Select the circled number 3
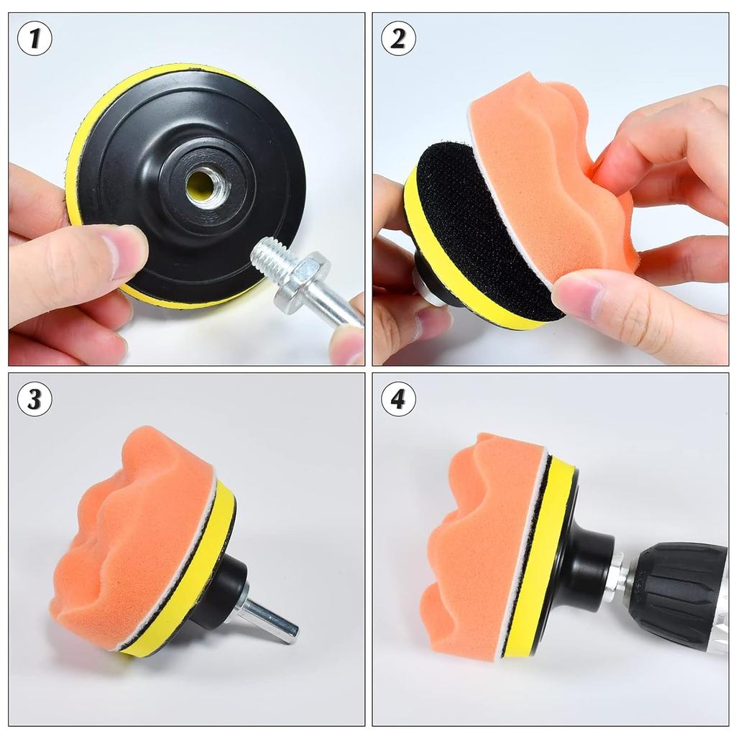(x=34, y=399)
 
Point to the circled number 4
(x=398, y=399)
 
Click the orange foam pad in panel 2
(x=546, y=180)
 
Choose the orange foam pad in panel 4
(x=474, y=546)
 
